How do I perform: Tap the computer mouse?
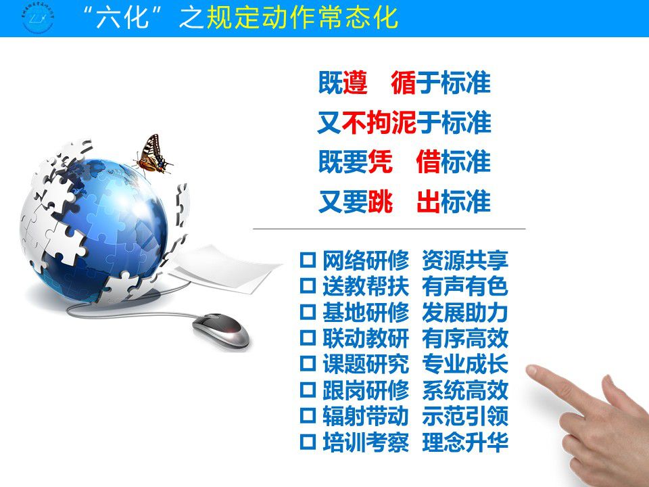pos(221,331)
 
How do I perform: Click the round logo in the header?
pos(38,18)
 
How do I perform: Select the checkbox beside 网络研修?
pos(308,260)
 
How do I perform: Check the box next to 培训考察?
pos(308,442)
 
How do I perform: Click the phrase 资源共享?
pos(465,260)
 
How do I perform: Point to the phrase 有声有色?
pos(465,286)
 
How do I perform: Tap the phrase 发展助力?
pos(465,312)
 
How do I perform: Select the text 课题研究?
pos(366,364)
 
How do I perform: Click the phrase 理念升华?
pos(465,442)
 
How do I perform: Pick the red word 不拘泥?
pos(379,122)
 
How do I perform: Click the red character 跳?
pos(380,202)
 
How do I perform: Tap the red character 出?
pos(429,202)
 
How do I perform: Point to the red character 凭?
pos(380,162)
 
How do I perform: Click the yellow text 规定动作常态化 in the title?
pos(302,18)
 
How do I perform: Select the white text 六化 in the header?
pos(122,18)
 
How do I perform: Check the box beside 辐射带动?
pos(308,416)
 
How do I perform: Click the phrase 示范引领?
pos(465,416)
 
